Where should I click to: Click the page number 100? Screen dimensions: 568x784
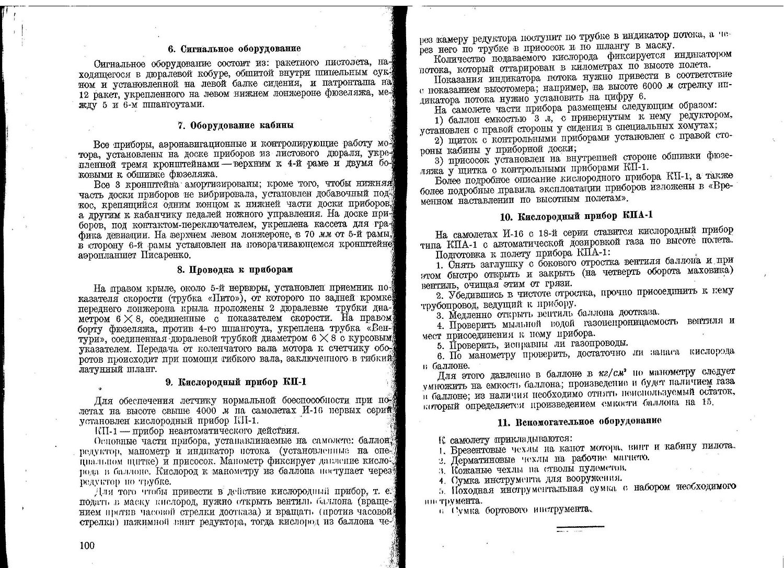click(87, 546)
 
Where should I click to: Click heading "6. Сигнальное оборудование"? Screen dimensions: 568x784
click(234, 49)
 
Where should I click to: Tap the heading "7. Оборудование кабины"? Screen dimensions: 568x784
click(235, 125)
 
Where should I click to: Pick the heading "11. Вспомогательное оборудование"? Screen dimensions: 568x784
click(581, 421)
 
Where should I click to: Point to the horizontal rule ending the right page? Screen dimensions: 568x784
click(580, 526)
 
